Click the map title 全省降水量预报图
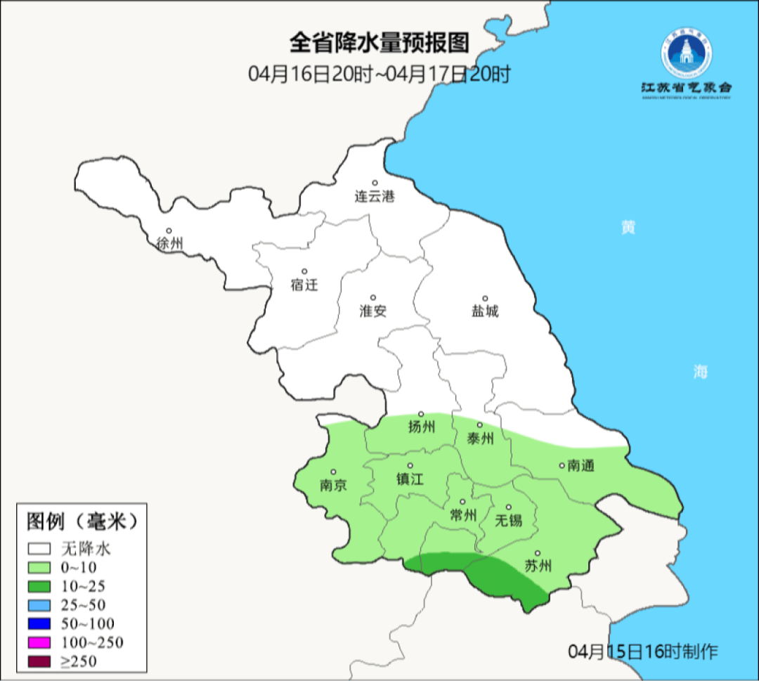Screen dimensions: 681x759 pos(379,44)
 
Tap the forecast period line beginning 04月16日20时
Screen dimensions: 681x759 pos(379,73)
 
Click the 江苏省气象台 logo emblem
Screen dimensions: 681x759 pos(686,56)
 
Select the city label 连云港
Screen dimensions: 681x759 pos(375,197)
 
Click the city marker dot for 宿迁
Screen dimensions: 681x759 pos(304,271)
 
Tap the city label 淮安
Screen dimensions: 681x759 pos(373,311)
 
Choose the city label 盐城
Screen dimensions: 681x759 pos(484,311)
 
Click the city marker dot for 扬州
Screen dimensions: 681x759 pos(421,414)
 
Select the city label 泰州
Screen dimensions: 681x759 pos(480,439)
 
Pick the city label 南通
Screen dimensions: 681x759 pos(581,465)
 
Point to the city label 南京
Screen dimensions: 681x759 pos(333,486)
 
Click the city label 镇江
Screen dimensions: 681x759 pos(410,479)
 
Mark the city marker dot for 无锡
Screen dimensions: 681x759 pos(509,507)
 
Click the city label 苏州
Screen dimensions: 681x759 pos(538,566)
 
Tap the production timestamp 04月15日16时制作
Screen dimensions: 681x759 pos(643,651)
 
